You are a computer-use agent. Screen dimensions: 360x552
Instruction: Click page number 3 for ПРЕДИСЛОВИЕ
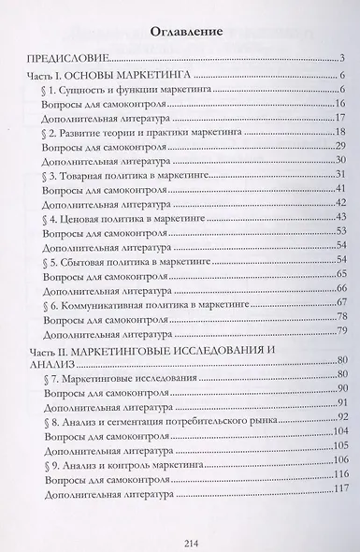click(343, 58)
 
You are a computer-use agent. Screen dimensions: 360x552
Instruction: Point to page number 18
click(341, 135)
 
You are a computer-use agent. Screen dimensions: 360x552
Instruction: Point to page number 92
click(341, 415)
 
